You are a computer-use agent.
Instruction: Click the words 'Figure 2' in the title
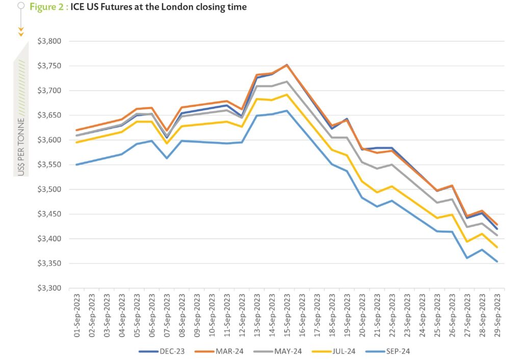(x=47, y=7)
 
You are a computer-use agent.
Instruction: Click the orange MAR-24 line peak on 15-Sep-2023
(x=286, y=65)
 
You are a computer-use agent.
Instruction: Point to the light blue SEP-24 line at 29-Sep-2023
(x=497, y=262)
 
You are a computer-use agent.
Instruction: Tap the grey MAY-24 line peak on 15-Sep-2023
(x=286, y=82)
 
